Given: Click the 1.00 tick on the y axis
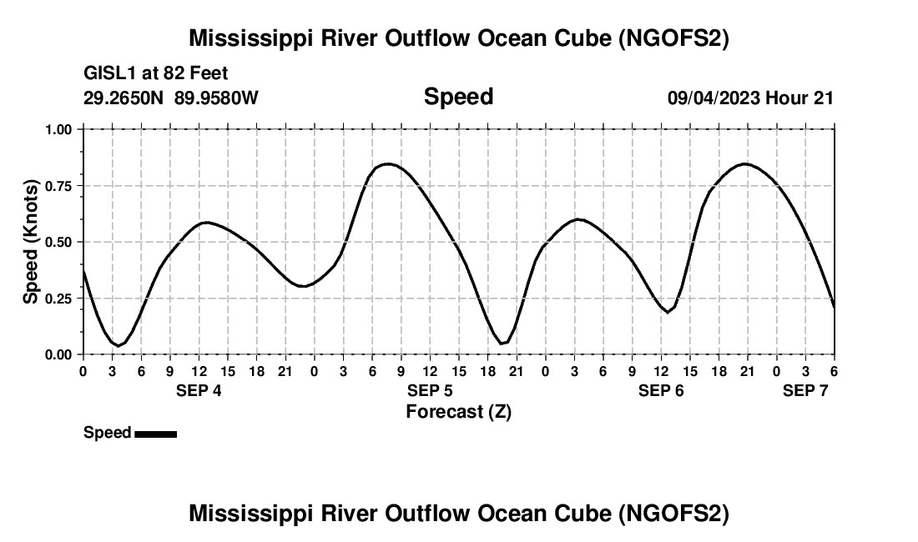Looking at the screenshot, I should (59, 129).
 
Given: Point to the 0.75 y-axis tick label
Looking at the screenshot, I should (59, 186).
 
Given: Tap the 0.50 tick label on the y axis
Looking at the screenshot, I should (59, 242).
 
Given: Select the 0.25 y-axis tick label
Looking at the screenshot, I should (59, 299).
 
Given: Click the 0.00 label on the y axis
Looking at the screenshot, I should (59, 354).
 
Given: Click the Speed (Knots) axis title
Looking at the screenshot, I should (31, 242).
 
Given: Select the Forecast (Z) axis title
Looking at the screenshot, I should (458, 411).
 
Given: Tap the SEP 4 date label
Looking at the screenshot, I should (199, 390).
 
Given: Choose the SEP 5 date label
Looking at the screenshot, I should (430, 390).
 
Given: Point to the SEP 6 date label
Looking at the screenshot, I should (661, 390).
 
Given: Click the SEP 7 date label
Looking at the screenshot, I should (805, 390).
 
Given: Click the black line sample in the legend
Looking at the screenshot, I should (155, 434).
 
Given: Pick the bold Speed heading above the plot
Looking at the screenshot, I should (458, 97).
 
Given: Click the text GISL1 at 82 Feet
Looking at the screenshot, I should (156, 74).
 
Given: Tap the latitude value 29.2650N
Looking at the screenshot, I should (125, 98).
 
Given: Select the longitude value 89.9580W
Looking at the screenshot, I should (216, 98).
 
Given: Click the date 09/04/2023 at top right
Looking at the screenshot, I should (713, 98).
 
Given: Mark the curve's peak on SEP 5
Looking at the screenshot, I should (387, 163).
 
